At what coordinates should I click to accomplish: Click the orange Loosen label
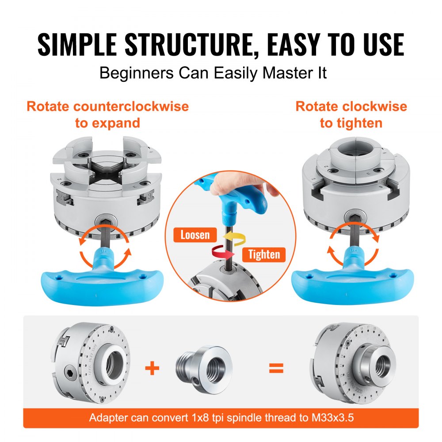pyautogui.click(x=195, y=234)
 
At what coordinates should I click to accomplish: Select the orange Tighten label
pyautogui.click(x=264, y=254)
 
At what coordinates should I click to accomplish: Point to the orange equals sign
pyautogui.click(x=276, y=368)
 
